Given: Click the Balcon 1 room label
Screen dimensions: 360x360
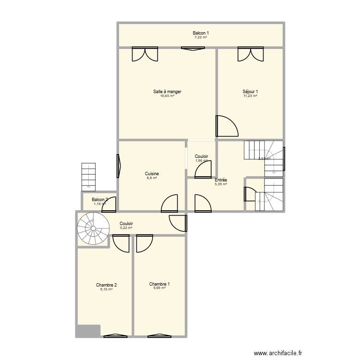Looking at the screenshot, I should [x=201, y=33].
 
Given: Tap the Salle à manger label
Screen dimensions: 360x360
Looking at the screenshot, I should [x=167, y=92].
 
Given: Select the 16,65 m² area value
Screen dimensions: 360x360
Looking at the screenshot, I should [x=167, y=96].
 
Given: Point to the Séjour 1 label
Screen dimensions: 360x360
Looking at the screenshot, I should [x=251, y=92].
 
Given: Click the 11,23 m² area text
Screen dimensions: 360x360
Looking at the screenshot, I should [x=251, y=96].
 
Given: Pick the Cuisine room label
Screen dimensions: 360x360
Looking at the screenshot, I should [x=152, y=174].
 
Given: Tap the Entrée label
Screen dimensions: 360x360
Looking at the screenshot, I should [x=221, y=180].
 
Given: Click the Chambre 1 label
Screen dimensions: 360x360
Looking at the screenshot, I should [x=159, y=284].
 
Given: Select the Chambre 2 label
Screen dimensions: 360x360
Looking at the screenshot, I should [x=106, y=285].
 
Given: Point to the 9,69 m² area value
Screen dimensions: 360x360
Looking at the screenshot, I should [x=159, y=288].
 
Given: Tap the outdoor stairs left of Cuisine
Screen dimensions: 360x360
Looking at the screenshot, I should [x=89, y=176].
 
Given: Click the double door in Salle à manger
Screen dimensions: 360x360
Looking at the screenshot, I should [x=145, y=54].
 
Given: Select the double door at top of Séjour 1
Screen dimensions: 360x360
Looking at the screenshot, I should [x=251, y=54].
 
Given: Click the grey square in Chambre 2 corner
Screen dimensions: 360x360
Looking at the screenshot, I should [x=88, y=331].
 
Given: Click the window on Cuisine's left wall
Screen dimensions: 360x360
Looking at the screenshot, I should [x=119, y=166].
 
